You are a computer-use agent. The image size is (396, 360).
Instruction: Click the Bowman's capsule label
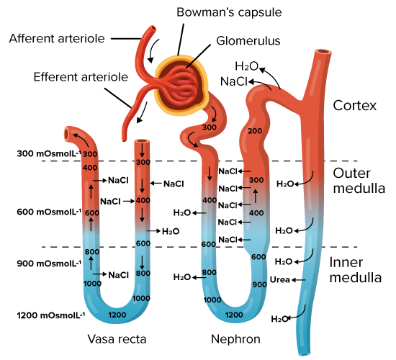tap(229, 12)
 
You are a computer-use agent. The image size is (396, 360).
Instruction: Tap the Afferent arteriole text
tap(57, 39)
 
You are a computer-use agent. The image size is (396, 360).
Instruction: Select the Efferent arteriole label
tap(81, 77)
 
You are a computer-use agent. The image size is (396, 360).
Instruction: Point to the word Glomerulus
tap(248, 41)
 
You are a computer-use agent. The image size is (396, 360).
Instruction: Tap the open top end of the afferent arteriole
tap(153, 28)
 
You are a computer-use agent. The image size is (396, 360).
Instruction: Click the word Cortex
tap(354, 106)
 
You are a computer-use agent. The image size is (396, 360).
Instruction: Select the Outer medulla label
tap(359, 181)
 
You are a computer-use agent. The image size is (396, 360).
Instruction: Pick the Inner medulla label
tap(356, 270)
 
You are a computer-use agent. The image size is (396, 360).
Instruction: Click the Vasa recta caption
tap(117, 339)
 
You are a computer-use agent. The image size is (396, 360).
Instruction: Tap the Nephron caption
tap(235, 339)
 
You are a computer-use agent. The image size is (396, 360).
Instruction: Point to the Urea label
tap(279, 279)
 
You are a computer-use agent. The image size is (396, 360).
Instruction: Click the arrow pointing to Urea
tap(298, 280)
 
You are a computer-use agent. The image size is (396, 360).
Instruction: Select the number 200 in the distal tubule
tap(255, 131)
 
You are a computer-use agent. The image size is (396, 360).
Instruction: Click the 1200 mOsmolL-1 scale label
tap(51, 315)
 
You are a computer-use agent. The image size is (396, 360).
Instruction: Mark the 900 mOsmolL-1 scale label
tap(49, 264)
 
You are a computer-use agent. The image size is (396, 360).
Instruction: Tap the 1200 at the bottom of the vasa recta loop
tap(117, 315)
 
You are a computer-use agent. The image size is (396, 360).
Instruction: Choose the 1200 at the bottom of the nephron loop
tap(234, 315)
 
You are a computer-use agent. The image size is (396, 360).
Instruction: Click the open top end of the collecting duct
tap(323, 52)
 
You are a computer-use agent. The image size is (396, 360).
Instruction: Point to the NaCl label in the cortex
tap(234, 81)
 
